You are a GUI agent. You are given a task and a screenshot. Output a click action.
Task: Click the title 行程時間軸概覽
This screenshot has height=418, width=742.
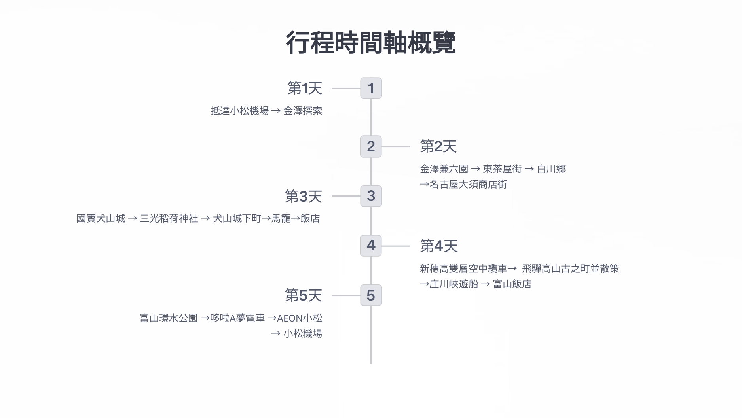click(x=370, y=43)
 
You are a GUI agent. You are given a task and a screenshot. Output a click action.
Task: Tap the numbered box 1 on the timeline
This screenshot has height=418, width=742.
click(x=371, y=88)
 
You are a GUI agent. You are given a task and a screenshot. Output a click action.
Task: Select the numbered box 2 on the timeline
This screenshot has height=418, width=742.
click(x=371, y=146)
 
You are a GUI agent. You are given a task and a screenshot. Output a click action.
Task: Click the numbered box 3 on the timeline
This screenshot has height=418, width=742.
click(x=371, y=196)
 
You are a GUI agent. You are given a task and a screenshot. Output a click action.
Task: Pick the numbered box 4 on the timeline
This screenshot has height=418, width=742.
click(x=371, y=246)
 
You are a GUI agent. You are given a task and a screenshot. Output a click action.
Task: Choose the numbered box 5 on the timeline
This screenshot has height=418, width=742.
click(x=371, y=295)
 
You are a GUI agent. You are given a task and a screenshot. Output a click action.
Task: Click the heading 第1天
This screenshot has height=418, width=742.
click(x=305, y=88)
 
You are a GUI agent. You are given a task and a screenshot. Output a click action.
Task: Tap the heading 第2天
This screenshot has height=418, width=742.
click(x=438, y=146)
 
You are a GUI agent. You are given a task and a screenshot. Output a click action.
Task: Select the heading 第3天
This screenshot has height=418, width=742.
click(x=304, y=196)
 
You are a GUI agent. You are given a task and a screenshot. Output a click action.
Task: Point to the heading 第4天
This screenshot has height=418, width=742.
click(x=438, y=246)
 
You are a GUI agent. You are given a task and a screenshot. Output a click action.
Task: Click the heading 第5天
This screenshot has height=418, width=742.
click(x=304, y=295)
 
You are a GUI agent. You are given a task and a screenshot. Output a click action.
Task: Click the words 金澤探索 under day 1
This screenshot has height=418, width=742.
click(x=303, y=111)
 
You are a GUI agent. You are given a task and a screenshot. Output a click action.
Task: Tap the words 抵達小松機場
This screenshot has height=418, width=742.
click(x=239, y=111)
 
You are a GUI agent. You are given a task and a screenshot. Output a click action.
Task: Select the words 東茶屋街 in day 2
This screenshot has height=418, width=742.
click(x=502, y=169)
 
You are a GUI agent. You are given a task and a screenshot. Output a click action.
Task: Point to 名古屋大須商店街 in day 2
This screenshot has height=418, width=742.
click(x=468, y=185)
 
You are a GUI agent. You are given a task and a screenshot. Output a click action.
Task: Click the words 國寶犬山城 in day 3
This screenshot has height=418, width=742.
click(x=101, y=219)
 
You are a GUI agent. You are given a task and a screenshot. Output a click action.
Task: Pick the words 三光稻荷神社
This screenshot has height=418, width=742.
click(x=169, y=219)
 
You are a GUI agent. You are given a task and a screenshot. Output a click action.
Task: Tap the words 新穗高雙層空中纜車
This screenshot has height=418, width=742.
click(x=463, y=269)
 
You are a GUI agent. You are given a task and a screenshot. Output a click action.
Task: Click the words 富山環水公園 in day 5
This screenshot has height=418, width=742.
click(x=169, y=318)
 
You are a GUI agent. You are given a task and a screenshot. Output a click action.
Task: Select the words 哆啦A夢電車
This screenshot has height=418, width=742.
click(x=237, y=318)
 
